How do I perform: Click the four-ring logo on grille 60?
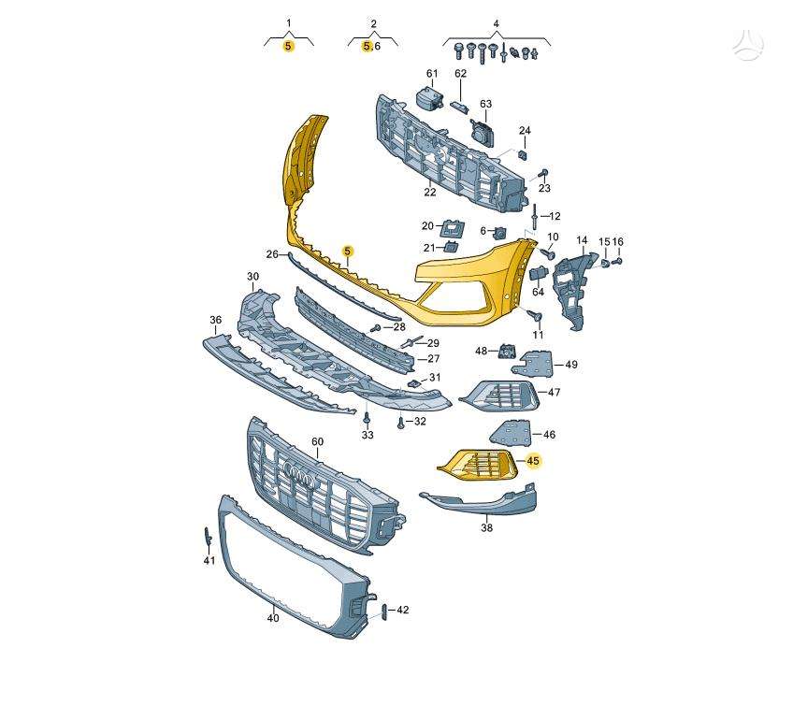coord(299,473)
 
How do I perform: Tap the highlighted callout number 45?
coord(533,461)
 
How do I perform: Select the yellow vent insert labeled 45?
coord(477,464)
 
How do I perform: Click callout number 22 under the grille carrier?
coord(430,192)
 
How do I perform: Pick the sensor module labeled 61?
coord(429,98)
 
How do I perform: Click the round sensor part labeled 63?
coord(482,131)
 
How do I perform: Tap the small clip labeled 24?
coord(522,154)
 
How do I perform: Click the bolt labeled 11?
coord(536,314)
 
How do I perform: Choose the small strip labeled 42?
coord(382,611)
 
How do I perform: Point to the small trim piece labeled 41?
coord(208,536)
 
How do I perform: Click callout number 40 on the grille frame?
coord(273,617)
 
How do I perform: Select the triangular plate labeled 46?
coord(510,433)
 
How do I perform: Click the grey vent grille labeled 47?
coord(499,396)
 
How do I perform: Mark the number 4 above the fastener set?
coord(496,23)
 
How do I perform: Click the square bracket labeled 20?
coord(452,226)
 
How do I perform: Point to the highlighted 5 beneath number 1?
coord(288,46)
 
